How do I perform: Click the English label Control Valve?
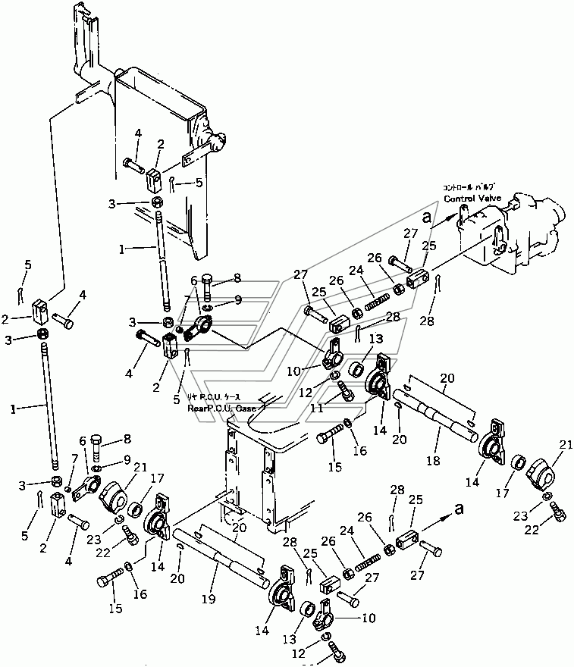point(471,199)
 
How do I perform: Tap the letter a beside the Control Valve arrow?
point(429,215)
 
